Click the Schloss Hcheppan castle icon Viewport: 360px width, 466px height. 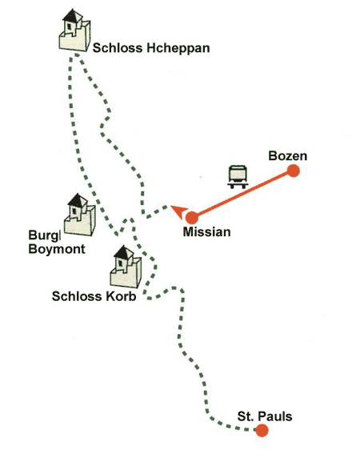[74, 30]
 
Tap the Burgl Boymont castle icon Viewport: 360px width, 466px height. [80, 215]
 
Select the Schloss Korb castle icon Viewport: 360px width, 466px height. [126, 267]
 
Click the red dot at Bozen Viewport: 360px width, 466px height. [293, 171]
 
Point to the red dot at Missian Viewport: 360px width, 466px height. [192, 218]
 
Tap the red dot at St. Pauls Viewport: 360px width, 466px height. [262, 430]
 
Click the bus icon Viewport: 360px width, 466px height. [238, 177]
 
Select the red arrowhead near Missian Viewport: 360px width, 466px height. [180, 211]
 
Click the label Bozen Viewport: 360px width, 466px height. [287, 156]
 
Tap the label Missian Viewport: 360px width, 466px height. [206, 232]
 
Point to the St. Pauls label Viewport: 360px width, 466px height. [265, 416]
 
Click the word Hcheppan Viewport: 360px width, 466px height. [178, 48]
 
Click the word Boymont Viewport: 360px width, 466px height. [57, 249]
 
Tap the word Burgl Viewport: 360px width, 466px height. [45, 235]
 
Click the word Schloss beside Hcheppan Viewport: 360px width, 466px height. [118, 48]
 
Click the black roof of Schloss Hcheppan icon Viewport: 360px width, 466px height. [73, 15]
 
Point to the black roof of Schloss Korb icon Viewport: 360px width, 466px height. [124, 252]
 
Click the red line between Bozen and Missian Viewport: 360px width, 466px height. [242, 195]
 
